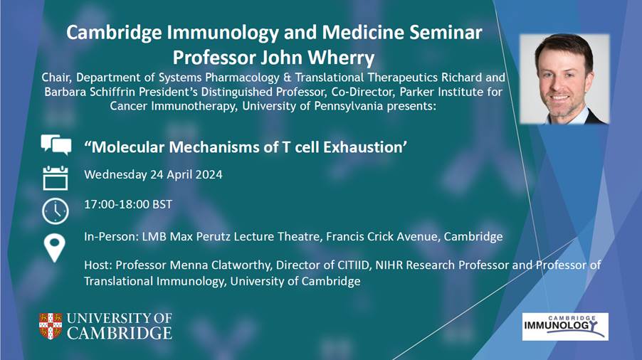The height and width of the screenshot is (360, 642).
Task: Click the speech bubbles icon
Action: pos(56,144)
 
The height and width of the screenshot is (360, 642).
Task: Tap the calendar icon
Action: pos(56,178)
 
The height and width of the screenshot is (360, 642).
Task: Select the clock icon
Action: pos(56,211)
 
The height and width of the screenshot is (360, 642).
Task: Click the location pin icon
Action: pos(55,248)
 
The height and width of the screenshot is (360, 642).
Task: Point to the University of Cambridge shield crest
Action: pos(51,326)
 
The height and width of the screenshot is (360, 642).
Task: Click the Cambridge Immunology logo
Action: pos(565,327)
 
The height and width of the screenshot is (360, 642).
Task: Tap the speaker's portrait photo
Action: pos(564,79)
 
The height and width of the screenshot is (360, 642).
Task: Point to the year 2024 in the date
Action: pos(209,175)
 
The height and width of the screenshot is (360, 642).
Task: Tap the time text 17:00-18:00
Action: pos(117,204)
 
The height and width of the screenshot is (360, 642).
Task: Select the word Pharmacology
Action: pos(246,78)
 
